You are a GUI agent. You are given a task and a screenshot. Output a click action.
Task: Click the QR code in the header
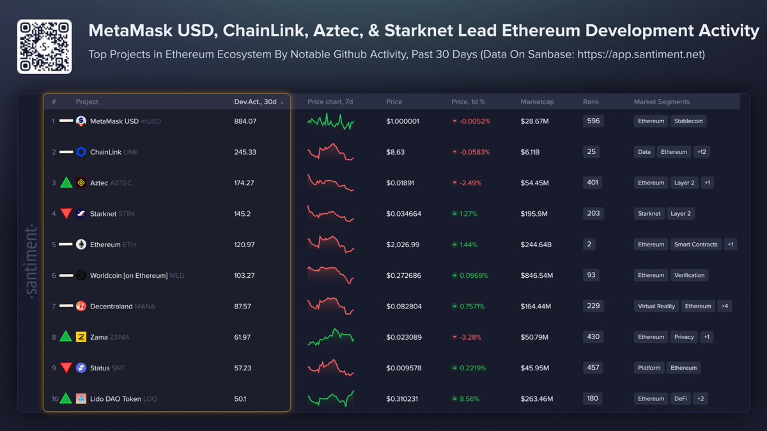click(x=44, y=47)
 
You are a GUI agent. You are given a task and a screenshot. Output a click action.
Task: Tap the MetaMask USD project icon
click(x=81, y=121)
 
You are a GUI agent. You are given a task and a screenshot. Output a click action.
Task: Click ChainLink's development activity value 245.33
click(x=245, y=152)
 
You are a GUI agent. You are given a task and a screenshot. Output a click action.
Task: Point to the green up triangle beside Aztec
click(x=66, y=183)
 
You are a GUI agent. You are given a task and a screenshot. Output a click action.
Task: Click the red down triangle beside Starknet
click(x=66, y=214)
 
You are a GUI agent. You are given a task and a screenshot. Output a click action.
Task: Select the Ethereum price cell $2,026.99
click(x=403, y=245)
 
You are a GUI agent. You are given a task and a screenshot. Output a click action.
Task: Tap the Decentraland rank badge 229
click(x=593, y=306)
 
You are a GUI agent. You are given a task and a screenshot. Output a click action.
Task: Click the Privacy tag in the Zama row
click(x=683, y=337)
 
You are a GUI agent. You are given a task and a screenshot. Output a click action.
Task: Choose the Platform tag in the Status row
click(x=649, y=368)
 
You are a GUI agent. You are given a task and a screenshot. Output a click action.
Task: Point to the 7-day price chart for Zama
click(x=330, y=336)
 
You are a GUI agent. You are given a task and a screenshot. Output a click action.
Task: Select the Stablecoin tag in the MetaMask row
click(x=690, y=121)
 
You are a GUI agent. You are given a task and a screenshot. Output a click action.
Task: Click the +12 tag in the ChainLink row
click(x=702, y=152)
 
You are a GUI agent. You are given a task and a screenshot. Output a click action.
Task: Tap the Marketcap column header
click(x=537, y=102)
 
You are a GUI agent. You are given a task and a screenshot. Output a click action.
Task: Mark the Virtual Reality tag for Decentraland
click(x=656, y=306)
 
